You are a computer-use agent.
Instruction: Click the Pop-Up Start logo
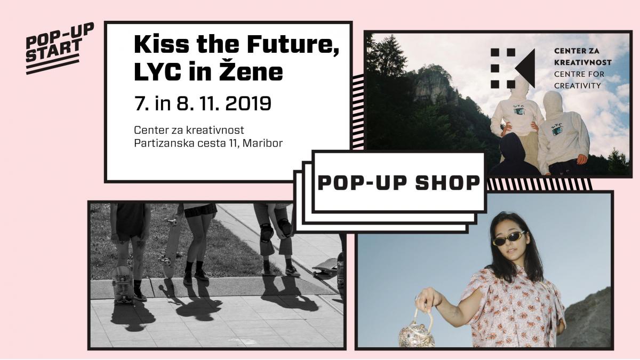click(59, 48)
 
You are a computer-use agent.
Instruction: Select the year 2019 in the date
click(248, 103)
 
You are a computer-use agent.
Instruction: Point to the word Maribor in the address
click(262, 143)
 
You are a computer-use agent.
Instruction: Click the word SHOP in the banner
click(447, 183)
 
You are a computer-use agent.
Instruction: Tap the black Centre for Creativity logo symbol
click(513, 68)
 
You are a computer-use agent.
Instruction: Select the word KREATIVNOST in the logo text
click(583, 62)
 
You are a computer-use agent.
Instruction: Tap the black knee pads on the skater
click(275, 230)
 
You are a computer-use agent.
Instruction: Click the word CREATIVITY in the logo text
click(578, 86)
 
